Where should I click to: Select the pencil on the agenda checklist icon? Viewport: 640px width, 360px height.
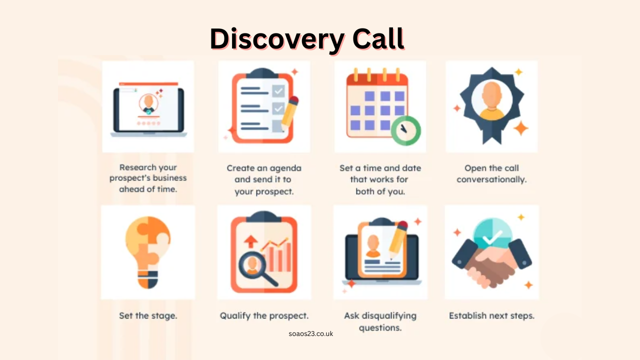click(289, 113)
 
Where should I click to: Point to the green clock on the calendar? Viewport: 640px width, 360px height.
click(405, 130)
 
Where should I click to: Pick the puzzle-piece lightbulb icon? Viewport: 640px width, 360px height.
click(147, 252)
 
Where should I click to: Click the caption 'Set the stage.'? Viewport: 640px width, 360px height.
click(148, 316)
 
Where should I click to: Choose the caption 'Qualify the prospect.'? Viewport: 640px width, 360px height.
click(264, 316)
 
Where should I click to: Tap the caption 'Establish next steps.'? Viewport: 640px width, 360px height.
click(491, 316)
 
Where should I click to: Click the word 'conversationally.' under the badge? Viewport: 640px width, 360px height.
click(491, 179)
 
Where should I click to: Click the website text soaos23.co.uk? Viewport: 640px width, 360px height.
click(310, 333)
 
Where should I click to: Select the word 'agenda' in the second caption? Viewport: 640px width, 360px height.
click(283, 168)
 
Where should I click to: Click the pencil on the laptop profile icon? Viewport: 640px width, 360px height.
click(397, 240)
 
